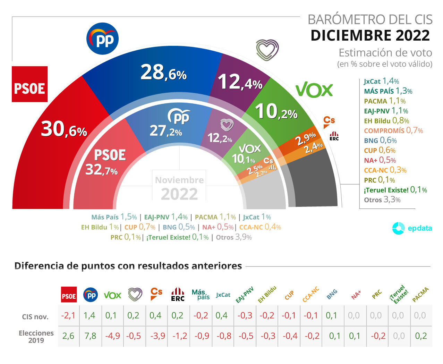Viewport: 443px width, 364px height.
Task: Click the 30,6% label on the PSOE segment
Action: pos(64,129)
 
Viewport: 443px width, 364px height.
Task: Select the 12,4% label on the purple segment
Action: pos(240,83)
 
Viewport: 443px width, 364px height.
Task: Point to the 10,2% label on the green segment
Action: pos(276,112)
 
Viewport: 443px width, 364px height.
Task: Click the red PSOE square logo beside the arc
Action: pos(29,84)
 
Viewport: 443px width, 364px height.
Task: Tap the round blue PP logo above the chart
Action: pos(102,39)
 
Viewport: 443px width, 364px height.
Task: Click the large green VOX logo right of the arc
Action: pos(314,90)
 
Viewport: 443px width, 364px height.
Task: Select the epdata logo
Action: pos(412,228)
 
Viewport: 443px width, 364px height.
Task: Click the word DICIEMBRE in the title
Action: pos(351,35)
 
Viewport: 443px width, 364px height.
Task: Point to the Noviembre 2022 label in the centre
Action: pos(179,188)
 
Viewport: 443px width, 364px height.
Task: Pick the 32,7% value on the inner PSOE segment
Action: pos(101,170)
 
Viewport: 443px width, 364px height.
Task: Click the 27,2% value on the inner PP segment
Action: pos(165,131)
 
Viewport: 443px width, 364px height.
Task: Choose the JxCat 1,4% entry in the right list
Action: pos(381,81)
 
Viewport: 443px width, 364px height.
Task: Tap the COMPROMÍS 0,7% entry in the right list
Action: pos(393,130)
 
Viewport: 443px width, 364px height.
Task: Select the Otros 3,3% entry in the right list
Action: pos(382,200)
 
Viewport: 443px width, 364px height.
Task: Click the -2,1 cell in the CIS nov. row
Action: pos(68,315)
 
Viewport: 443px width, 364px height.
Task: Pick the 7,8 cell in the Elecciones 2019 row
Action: pos(90,336)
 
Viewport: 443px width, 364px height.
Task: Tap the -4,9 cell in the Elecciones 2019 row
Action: pos(112,336)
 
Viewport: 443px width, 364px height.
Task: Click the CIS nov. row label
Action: pos(35,316)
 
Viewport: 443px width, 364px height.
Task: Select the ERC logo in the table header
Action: pos(178,295)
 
